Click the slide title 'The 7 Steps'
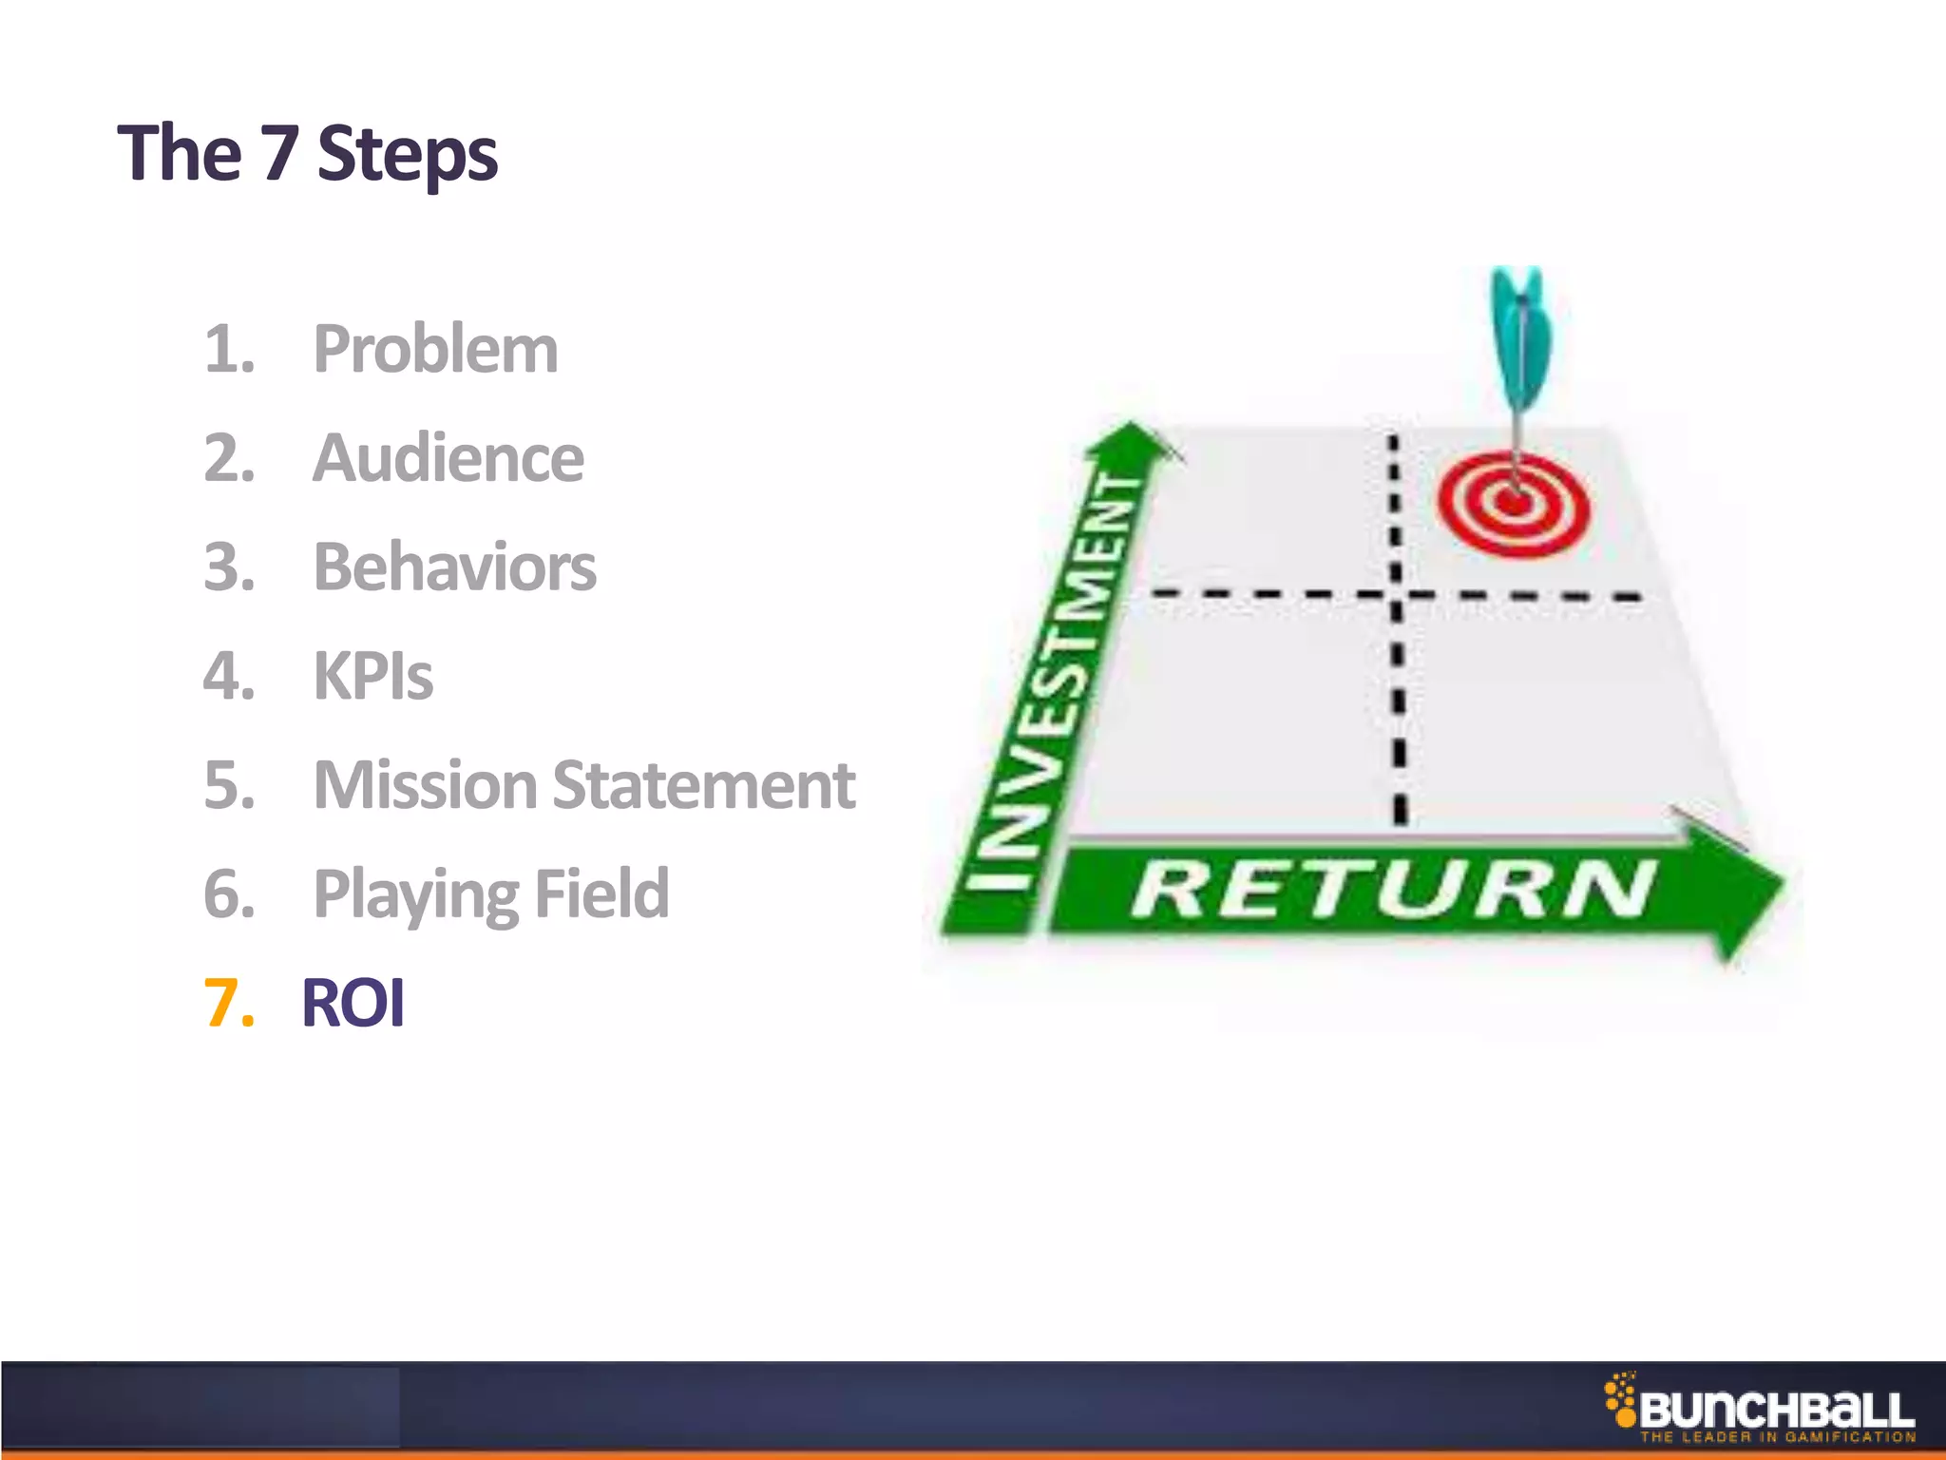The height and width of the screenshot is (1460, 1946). click(307, 153)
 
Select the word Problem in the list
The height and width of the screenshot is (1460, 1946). click(435, 349)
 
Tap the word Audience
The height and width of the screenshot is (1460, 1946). click(448, 458)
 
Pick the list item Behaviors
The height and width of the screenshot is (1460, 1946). click(454, 567)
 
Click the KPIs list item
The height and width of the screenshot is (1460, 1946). click(372, 677)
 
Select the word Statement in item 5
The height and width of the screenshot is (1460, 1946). click(703, 785)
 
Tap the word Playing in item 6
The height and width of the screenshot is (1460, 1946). click(414, 894)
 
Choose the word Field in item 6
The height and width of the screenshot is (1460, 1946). click(601, 894)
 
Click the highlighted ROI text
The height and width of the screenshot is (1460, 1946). click(353, 1003)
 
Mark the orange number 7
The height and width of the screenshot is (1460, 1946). click(229, 1004)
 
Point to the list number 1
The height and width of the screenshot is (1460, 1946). click(229, 350)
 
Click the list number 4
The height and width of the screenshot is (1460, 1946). click(229, 677)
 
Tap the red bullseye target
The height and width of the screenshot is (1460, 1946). click(1513, 502)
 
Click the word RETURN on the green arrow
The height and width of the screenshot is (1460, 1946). click(1392, 890)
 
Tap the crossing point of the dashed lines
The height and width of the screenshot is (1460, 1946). click(1396, 596)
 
